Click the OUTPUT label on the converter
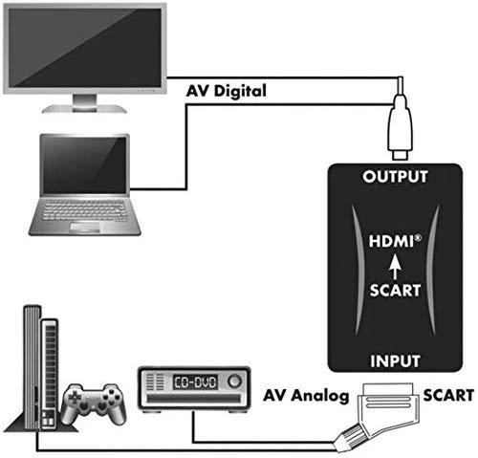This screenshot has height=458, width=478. click(395, 177)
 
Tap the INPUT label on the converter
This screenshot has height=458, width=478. click(395, 361)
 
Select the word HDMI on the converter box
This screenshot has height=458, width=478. click(393, 241)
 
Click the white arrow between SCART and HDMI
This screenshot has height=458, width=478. click(395, 267)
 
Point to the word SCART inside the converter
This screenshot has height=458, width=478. click(395, 291)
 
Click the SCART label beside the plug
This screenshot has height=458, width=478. click(448, 395)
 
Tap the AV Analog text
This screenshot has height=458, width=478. click(306, 396)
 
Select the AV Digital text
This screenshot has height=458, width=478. click(226, 91)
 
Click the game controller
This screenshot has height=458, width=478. click(94, 403)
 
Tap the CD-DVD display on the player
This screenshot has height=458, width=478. click(195, 382)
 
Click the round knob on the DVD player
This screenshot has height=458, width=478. click(235, 381)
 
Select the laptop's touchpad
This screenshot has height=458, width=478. click(85, 228)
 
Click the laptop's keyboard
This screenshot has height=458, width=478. click(84, 209)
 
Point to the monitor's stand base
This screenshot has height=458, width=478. click(84, 109)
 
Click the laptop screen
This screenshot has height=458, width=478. click(84, 164)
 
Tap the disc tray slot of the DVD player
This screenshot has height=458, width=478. click(194, 399)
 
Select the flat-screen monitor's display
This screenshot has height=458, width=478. click(85, 48)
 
